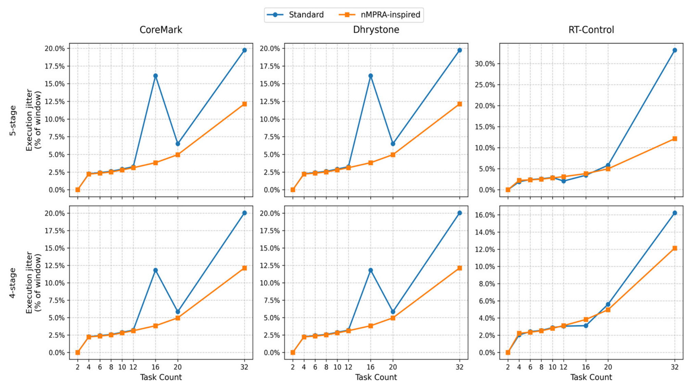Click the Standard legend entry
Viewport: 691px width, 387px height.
pyautogui.click(x=295, y=15)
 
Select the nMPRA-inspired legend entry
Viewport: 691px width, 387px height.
pyautogui.click(x=379, y=15)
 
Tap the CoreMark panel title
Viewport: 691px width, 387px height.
pyautogui.click(x=161, y=30)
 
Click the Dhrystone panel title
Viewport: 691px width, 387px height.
pyautogui.click(x=376, y=30)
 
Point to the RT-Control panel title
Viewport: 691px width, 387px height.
pyautogui.click(x=591, y=30)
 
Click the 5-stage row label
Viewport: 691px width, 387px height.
pyautogui.click(x=13, y=120)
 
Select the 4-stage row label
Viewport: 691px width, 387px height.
pyautogui.click(x=13, y=283)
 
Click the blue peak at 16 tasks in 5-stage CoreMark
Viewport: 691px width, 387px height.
pyautogui.click(x=155, y=76)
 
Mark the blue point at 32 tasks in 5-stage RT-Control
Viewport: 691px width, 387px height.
pyautogui.click(x=675, y=50)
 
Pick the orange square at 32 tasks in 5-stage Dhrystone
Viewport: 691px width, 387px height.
pyautogui.click(x=459, y=104)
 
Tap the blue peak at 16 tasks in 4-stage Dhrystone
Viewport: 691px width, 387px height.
pyautogui.click(x=370, y=270)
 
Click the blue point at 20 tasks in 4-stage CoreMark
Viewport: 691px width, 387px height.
pyautogui.click(x=178, y=312)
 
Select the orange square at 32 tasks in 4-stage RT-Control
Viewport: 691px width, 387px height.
pyautogui.click(x=675, y=248)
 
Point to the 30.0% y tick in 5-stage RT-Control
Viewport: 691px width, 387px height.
pyautogui.click(x=485, y=64)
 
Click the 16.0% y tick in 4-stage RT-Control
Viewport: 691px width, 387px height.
pyautogui.click(x=485, y=215)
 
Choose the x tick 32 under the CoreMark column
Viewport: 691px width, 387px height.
pyautogui.click(x=244, y=367)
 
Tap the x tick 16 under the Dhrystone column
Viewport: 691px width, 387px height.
pyautogui.click(x=370, y=367)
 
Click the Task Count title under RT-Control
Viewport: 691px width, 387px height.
pyautogui.click(x=591, y=377)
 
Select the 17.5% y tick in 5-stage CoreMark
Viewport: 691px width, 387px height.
pyautogui.click(x=55, y=66)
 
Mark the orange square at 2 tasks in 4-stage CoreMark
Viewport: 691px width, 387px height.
pyautogui.click(x=78, y=352)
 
